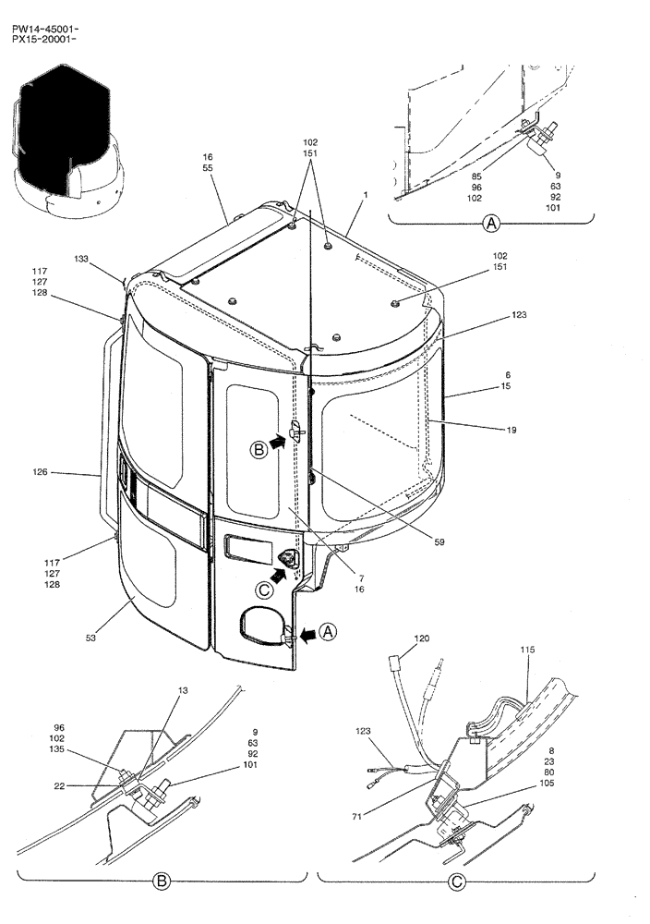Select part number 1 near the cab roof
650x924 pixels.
point(366,196)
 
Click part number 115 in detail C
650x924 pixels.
point(526,650)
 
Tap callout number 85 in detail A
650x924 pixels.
point(475,176)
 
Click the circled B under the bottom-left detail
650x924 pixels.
point(162,882)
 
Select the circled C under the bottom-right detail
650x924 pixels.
point(456,882)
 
